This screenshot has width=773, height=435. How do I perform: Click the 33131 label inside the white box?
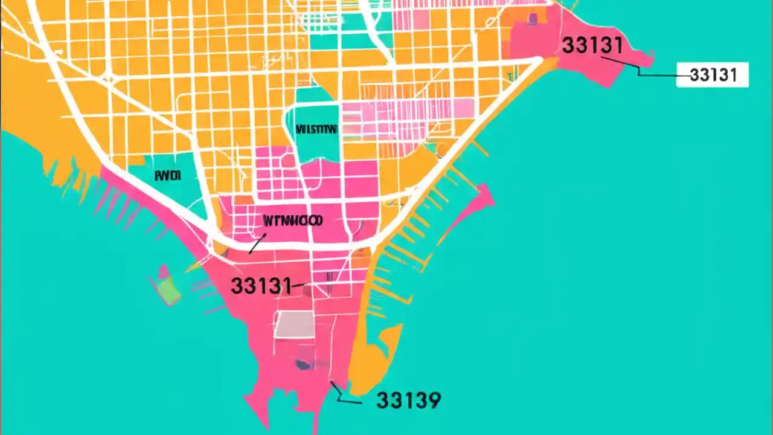pos(713,75)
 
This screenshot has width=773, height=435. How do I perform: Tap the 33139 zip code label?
pos(408,400)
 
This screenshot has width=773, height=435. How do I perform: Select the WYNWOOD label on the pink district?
pos(293,221)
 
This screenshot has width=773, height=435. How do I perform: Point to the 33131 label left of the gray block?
pos(260,285)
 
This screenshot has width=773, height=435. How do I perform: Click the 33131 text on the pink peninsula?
pos(592,45)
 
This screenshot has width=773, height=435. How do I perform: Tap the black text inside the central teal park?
pos(316,129)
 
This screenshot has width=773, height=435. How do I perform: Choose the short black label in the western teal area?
pos(168,176)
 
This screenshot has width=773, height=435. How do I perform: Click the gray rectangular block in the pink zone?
pos(295,325)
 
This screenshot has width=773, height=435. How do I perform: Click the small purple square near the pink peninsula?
pos(532,19)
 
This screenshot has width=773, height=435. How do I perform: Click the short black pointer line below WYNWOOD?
pos(256,245)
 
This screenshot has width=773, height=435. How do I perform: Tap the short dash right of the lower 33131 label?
pos(300,285)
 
